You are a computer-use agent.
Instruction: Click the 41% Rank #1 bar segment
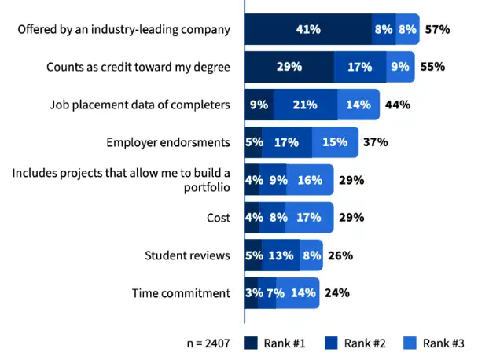(308, 29)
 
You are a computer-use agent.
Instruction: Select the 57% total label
(436, 29)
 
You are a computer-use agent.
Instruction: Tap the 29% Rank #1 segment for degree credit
(289, 67)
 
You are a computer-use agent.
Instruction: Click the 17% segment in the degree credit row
(359, 67)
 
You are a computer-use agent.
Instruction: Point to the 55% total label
(432, 67)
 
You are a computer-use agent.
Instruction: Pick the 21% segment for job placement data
(305, 105)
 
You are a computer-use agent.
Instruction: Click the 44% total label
(398, 105)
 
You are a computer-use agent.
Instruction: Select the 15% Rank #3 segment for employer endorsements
(335, 142)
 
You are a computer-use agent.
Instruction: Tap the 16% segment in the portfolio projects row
(310, 180)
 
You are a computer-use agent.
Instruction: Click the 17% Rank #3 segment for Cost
(309, 218)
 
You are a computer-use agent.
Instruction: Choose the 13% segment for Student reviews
(281, 255)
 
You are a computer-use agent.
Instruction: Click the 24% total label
(336, 293)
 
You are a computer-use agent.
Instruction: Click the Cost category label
(216, 218)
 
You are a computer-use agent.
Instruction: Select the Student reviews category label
(187, 255)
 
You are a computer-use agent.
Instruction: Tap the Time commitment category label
(181, 293)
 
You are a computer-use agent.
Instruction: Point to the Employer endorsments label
(167, 142)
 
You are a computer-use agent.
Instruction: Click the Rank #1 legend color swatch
(252, 343)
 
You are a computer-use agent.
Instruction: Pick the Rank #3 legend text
(443, 343)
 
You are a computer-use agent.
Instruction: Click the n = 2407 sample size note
(208, 343)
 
